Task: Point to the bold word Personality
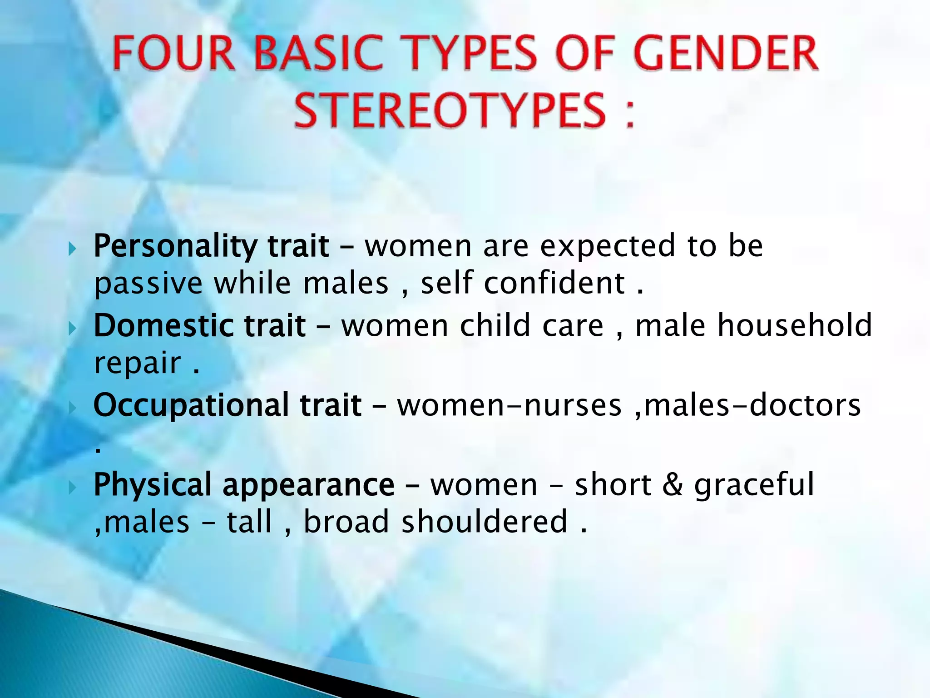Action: tap(175, 247)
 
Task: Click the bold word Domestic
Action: tap(163, 326)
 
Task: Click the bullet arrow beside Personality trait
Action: tap(72, 249)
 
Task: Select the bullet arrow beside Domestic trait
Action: tap(72, 328)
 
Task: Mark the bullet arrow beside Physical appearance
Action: tap(72, 488)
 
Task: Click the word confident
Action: tap(554, 283)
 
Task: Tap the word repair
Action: tap(137, 364)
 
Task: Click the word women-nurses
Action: tap(509, 405)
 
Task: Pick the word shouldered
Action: tap(485, 522)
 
